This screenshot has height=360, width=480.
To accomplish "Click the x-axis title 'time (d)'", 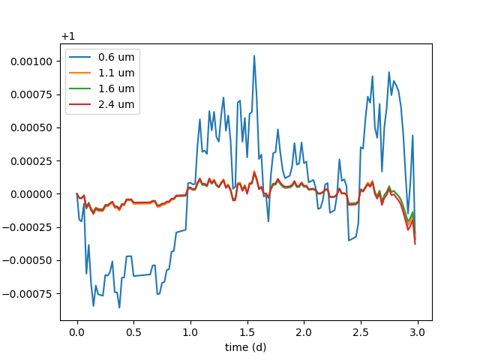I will coord(245,347).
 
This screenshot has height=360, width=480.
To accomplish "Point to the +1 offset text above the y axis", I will coord(68,36).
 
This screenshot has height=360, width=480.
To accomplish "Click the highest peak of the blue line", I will coord(254,55).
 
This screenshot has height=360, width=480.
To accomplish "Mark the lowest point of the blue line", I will coord(119,307).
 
